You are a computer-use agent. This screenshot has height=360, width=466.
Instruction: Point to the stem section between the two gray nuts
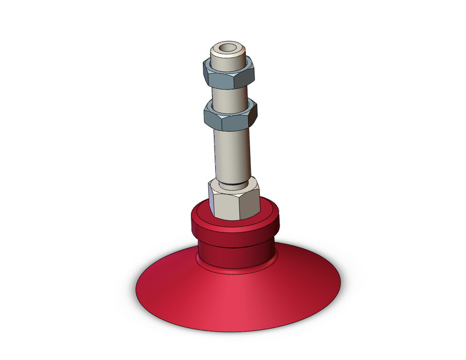point(230,95)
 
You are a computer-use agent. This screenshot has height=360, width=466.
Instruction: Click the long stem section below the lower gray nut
point(232,153)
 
